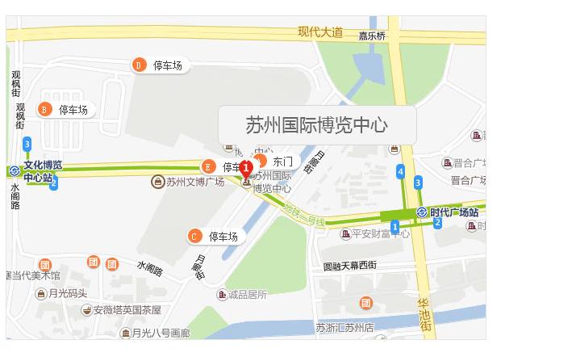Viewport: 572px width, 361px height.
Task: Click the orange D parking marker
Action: click(x=138, y=65)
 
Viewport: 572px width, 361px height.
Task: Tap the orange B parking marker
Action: click(x=44, y=109)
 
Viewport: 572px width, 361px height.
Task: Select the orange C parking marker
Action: click(x=194, y=236)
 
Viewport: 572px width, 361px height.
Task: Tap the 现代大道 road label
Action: click(x=320, y=32)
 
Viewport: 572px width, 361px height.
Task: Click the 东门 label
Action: click(x=283, y=162)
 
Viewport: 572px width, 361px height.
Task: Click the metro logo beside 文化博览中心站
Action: click(x=15, y=170)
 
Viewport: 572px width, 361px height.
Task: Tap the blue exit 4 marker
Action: click(x=400, y=171)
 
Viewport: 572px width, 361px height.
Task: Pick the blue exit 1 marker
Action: click(x=395, y=227)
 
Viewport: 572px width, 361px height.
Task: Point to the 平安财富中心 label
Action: click(x=380, y=234)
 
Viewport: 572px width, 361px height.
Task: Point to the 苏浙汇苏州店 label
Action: click(x=344, y=328)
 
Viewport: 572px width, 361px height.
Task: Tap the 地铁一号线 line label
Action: click(x=304, y=214)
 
